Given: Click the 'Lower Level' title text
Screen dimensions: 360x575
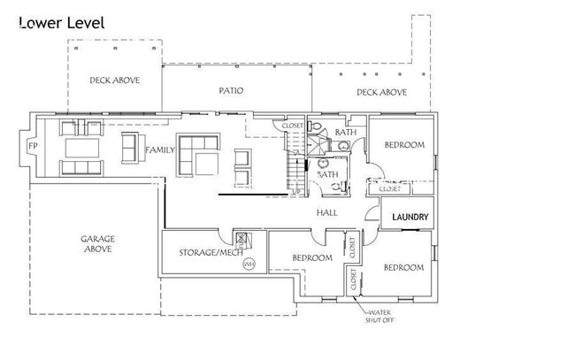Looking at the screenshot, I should [x=62, y=23].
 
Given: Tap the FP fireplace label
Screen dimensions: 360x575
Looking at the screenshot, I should [x=33, y=145].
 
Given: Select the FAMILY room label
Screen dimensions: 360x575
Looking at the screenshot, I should [x=160, y=150].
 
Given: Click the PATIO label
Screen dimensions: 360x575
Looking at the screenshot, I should [x=231, y=90].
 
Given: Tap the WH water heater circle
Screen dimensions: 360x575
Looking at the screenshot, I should [x=249, y=263].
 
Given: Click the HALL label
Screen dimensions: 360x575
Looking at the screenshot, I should [x=327, y=212].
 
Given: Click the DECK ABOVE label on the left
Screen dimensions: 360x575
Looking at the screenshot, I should [x=115, y=80].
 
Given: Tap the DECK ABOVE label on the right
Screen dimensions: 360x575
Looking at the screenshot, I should [x=381, y=92].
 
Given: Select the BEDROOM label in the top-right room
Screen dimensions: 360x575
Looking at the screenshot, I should [x=402, y=144].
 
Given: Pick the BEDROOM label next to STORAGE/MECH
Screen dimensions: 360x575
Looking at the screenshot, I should [x=311, y=258].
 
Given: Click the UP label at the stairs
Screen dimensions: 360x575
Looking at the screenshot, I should [x=296, y=191].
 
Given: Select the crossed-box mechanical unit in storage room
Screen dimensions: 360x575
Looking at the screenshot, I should [x=241, y=238].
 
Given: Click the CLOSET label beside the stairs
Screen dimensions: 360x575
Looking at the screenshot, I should [x=293, y=126].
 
